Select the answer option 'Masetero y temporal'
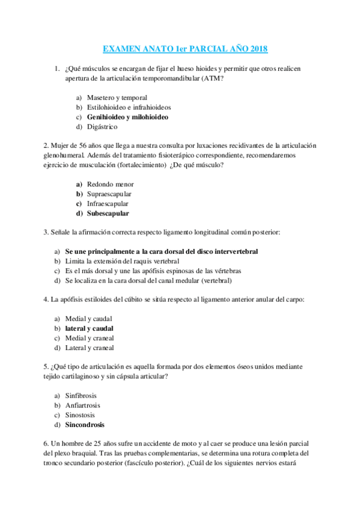(117, 97)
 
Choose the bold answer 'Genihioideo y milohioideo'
(127, 117)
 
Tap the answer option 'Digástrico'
(102, 126)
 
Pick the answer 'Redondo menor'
(110, 184)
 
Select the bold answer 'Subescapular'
(108, 213)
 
